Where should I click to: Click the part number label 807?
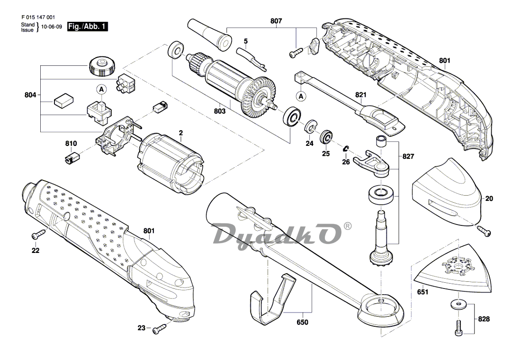276,21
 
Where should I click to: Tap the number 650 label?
302,322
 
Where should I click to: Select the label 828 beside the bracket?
484,319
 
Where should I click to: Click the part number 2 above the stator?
180,134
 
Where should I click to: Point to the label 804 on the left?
30,95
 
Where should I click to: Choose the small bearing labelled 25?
326,138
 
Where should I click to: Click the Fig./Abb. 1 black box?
88,27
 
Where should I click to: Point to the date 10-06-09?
52,27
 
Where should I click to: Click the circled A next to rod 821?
300,96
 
